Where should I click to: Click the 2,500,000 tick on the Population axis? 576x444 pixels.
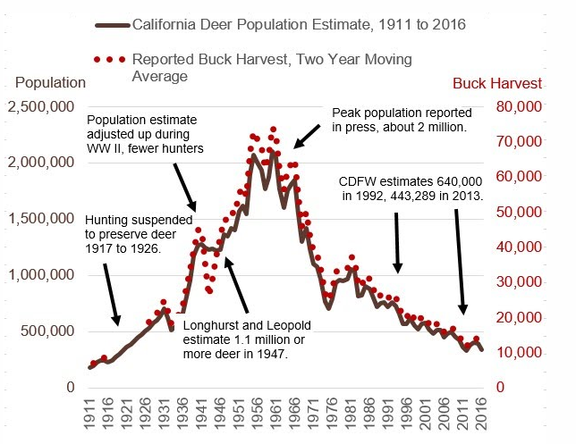[40, 107]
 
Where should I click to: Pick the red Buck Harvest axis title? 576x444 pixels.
[496, 84]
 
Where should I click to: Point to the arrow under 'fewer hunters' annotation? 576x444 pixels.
[185, 188]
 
